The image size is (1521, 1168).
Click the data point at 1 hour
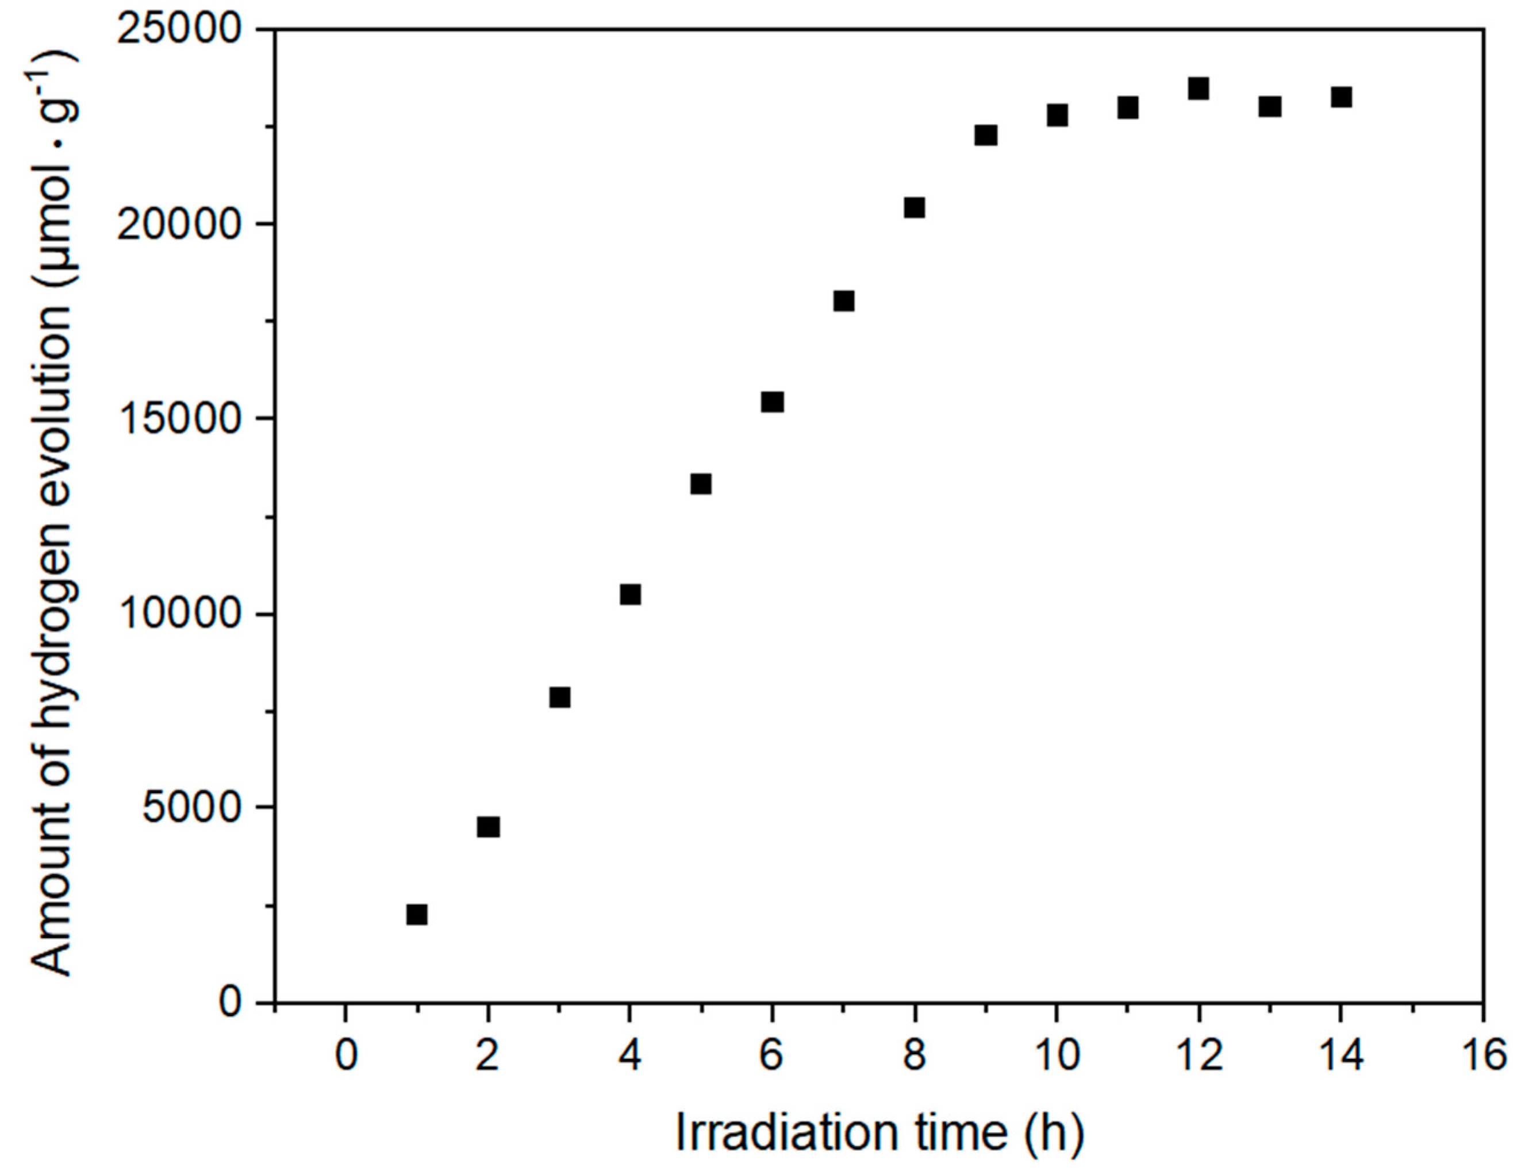point(416,914)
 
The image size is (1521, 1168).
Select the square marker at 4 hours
point(629,595)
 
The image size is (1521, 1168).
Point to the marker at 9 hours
point(985,135)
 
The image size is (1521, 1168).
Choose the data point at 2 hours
point(488,827)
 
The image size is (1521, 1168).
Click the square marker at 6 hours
point(772,402)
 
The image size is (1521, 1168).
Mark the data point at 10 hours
point(1057,115)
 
